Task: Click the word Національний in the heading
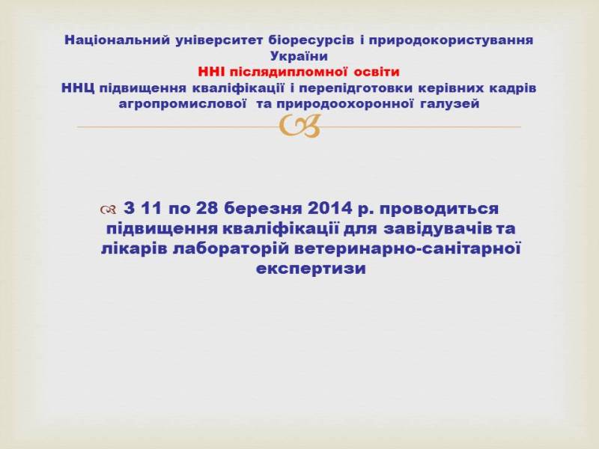(117, 40)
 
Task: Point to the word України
(299, 56)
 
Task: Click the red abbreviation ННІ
(211, 72)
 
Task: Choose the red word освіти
(377, 72)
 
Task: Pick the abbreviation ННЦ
(78, 88)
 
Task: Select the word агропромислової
(182, 104)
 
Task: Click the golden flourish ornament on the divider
(299, 126)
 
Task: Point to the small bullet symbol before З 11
(108, 210)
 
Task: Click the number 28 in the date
(207, 209)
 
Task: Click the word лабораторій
(231, 249)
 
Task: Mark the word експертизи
(311, 269)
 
